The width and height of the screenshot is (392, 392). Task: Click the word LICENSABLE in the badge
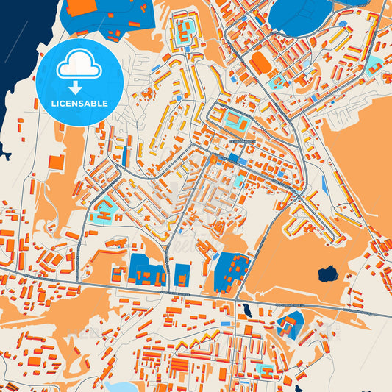[x=79, y=104]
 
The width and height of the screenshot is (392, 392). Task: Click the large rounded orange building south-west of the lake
[x=260, y=62]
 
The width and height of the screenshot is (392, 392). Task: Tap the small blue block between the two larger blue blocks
[x=182, y=275]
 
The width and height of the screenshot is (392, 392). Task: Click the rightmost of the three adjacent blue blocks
[x=231, y=271]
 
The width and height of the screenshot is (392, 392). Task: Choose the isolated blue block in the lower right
[x=292, y=324]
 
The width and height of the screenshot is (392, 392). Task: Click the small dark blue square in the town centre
[x=233, y=157]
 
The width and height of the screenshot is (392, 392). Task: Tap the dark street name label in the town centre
[x=242, y=141]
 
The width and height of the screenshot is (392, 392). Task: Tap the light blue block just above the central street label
[x=236, y=118]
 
